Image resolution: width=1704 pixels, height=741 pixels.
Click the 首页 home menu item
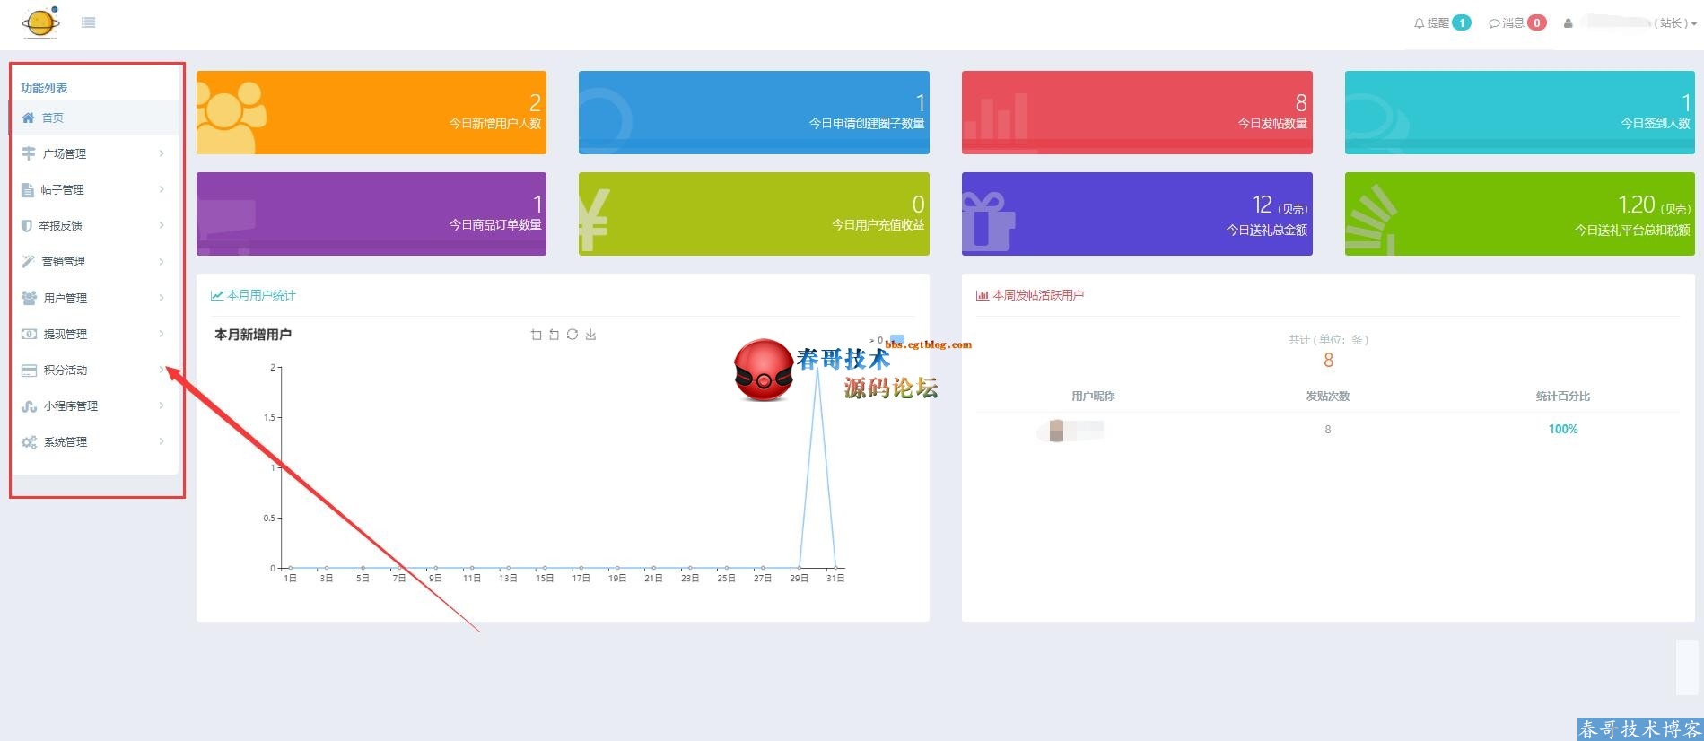coord(52,118)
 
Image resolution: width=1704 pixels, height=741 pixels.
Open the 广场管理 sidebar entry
coord(64,153)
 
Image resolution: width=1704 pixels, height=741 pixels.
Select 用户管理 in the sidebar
coord(65,298)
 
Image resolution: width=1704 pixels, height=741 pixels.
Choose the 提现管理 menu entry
coord(65,334)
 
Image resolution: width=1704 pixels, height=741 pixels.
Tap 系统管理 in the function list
coord(65,441)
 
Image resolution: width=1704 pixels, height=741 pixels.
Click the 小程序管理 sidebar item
coord(70,405)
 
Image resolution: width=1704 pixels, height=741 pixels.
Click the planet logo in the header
coord(40,22)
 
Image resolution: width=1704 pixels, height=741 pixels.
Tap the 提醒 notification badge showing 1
coord(1462,22)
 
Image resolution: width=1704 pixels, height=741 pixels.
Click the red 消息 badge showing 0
coord(1537,22)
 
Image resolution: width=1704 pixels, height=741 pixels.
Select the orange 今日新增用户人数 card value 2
coord(535,102)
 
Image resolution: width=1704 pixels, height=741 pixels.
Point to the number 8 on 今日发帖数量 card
coord(1301,102)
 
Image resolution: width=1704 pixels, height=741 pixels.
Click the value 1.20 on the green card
coord(1637,205)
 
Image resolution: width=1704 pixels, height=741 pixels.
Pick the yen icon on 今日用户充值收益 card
coord(594,219)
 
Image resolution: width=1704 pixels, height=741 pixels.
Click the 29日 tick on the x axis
coord(799,579)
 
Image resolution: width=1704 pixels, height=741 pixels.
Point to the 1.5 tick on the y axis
coord(269,417)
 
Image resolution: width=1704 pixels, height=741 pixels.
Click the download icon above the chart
coord(590,335)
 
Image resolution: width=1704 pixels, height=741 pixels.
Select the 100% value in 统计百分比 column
coord(1563,429)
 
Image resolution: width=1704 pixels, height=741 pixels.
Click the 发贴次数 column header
coord(1328,396)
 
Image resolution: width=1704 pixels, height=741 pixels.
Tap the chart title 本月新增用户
coord(253,335)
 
